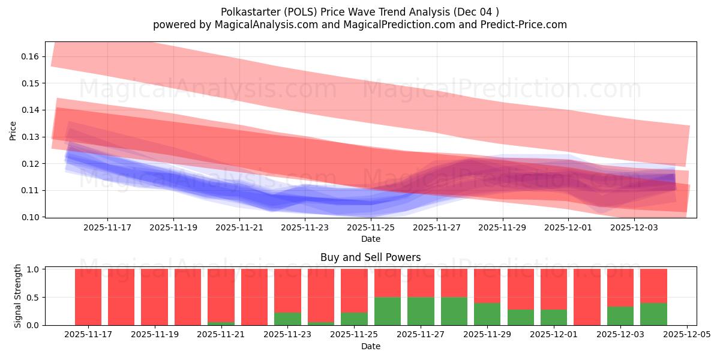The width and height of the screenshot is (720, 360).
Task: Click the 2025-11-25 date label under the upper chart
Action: tap(371, 228)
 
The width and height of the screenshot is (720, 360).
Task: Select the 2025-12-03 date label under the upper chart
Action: tap(635, 228)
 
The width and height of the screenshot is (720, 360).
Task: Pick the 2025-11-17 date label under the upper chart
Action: tap(107, 228)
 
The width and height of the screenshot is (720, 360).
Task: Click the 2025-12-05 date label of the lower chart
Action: tap(686, 335)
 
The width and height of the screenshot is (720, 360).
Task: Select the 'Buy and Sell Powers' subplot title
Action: tap(370, 257)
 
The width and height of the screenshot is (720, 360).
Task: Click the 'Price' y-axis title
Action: tap(13, 130)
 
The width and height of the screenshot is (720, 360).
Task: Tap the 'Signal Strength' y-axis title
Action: tap(18, 296)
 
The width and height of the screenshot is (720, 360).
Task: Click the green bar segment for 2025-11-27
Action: tap(421, 311)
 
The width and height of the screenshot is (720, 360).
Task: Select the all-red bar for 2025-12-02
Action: tap(587, 297)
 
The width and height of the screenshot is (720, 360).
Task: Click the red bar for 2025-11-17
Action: tap(88, 297)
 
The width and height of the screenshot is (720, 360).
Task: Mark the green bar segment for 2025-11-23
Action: tap(287, 319)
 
